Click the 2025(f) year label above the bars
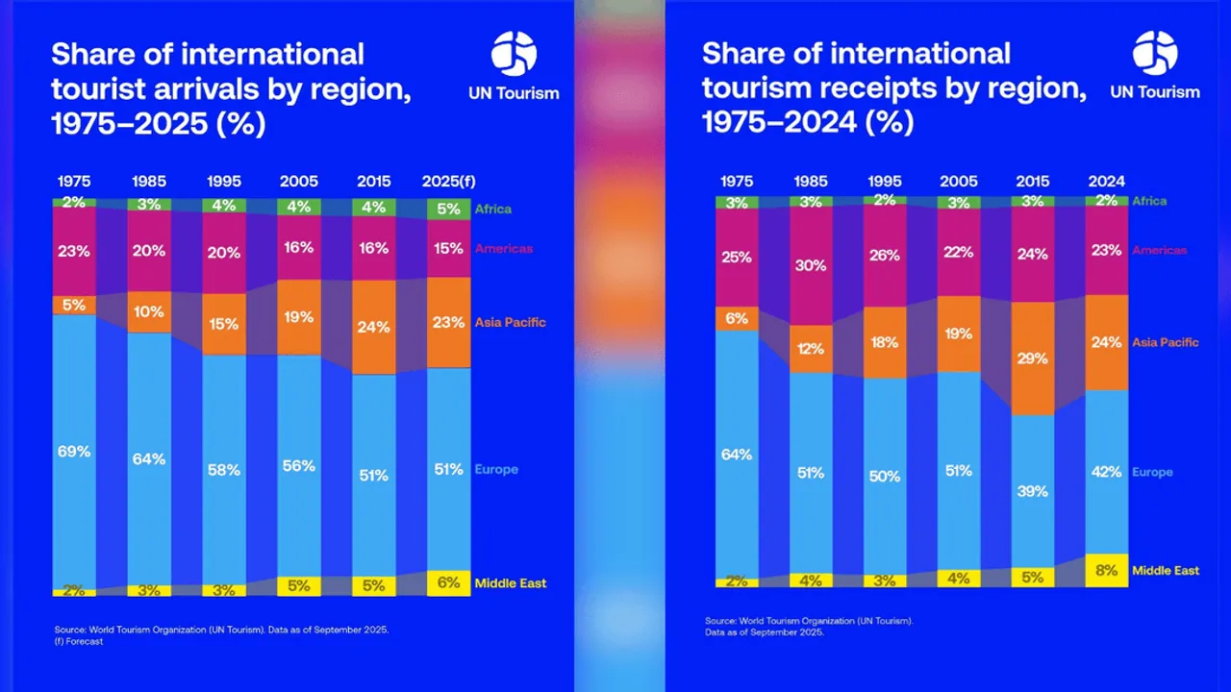coord(449,182)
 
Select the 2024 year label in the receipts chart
coord(1107,182)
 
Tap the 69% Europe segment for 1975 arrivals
coord(74,450)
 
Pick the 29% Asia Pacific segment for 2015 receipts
coord(1032,358)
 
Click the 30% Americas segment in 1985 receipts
coord(811,265)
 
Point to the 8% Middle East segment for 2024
coord(1107,570)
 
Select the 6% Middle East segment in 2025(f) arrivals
coord(449,582)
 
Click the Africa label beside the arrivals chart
coord(492,209)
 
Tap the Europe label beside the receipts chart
coord(1152,472)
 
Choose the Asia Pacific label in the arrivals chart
coord(510,322)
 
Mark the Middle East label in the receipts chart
coord(1165,570)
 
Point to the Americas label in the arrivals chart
coord(503,249)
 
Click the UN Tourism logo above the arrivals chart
coord(513,64)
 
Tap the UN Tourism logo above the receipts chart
coord(1154,64)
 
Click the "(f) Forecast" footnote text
coord(79,642)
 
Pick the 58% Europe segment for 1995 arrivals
coord(224,469)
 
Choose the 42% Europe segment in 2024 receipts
coord(1107,471)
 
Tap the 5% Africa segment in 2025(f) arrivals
coord(449,209)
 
